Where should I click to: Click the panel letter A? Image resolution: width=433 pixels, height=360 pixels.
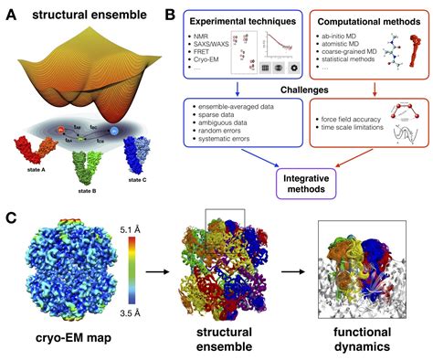12,15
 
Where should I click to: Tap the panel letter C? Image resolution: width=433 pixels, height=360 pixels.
12,217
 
